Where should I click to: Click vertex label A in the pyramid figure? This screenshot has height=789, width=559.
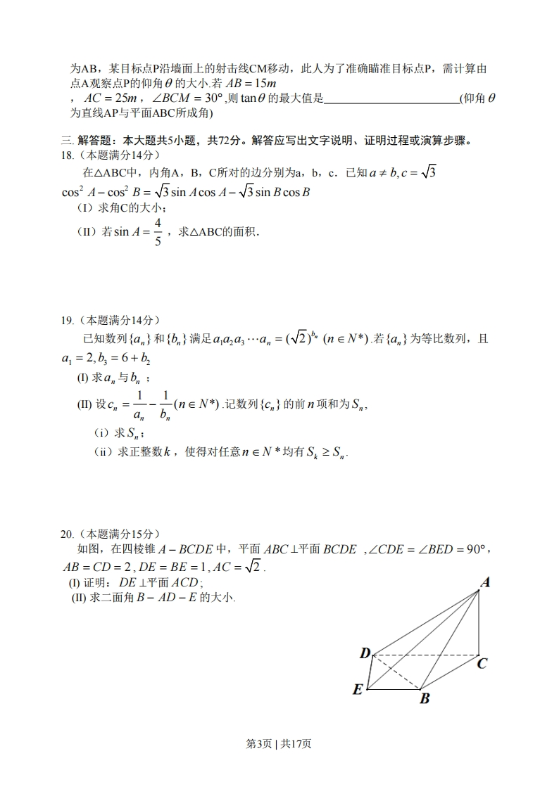click(x=486, y=582)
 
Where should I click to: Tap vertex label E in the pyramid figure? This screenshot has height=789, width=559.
click(x=358, y=689)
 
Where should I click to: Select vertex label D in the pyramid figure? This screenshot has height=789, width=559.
click(x=365, y=653)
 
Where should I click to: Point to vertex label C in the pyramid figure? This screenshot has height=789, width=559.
click(x=482, y=662)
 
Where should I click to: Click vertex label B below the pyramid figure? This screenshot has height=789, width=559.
click(x=425, y=698)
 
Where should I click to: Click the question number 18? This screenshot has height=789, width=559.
click(x=68, y=155)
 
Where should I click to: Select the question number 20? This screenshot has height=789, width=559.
click(x=68, y=534)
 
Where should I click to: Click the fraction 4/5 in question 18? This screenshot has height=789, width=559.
click(x=158, y=232)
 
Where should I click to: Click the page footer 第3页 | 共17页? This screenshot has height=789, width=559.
click(x=279, y=744)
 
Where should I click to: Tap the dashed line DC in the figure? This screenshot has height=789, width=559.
click(x=425, y=655)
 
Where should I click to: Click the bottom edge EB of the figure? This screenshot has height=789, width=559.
click(x=393, y=690)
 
